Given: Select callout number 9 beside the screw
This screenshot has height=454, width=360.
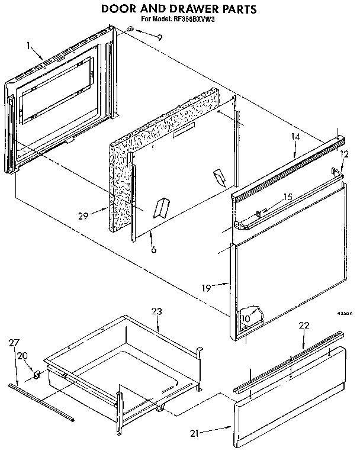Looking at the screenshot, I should (159, 37).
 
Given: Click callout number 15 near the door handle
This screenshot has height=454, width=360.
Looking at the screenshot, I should (288, 197).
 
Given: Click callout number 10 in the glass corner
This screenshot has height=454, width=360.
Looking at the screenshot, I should (246, 318).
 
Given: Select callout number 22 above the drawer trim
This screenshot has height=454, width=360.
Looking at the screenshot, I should (304, 326).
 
